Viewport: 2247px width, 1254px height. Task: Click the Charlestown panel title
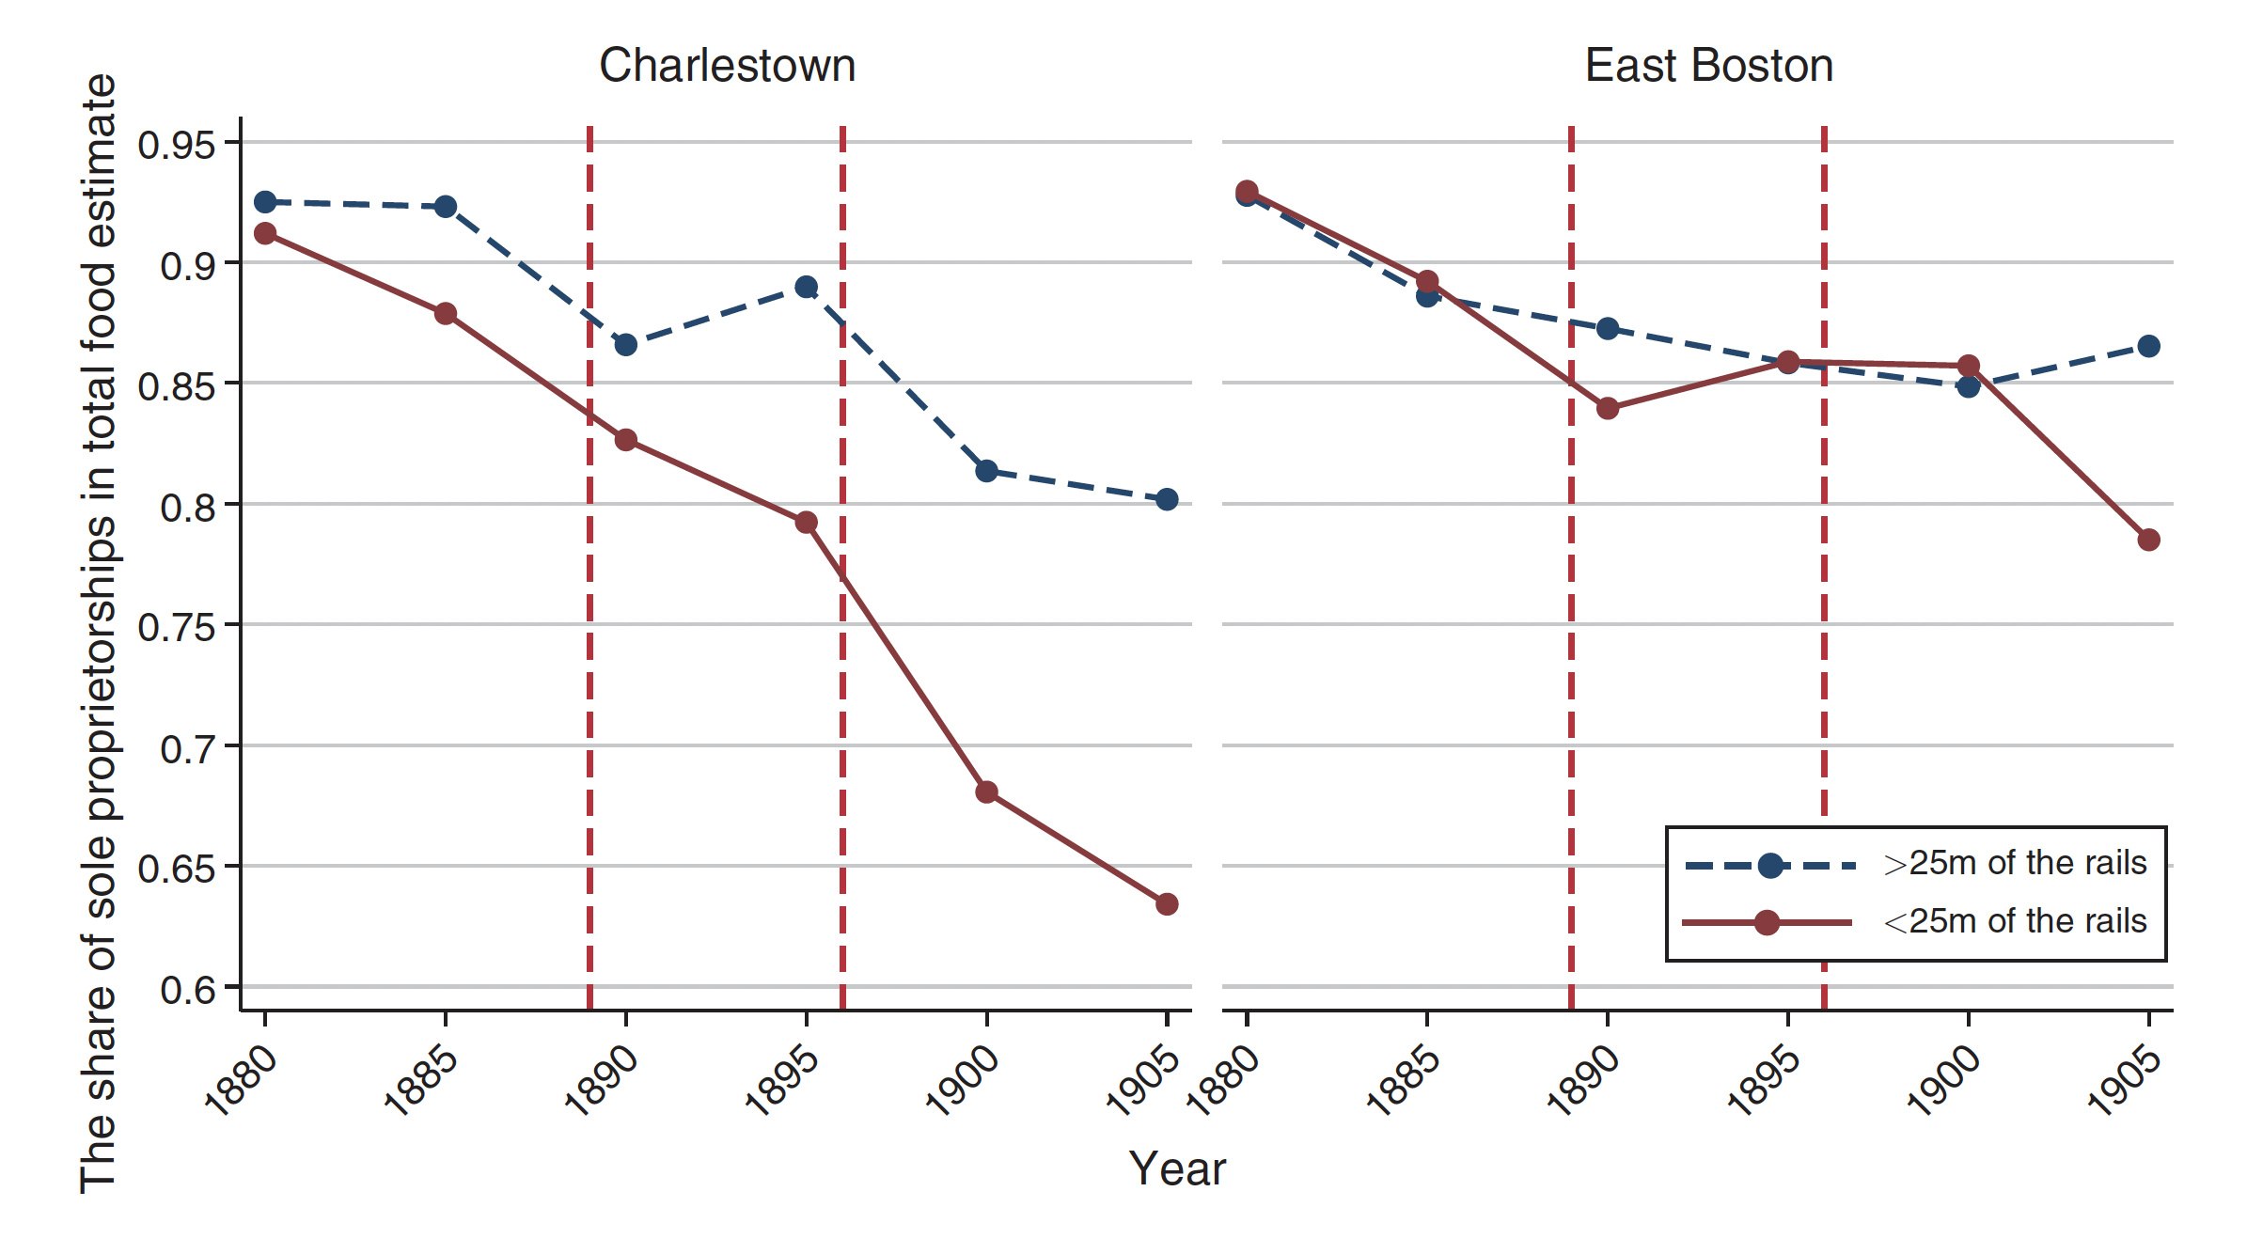pyautogui.click(x=727, y=66)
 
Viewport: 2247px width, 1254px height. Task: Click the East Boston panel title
pyautogui.click(x=1708, y=66)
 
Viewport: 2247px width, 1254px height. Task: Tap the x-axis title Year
pyautogui.click(x=1177, y=1169)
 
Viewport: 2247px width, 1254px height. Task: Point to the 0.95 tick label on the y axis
pyautogui.click(x=177, y=145)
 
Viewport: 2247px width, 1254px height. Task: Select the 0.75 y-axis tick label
pyautogui.click(x=177, y=627)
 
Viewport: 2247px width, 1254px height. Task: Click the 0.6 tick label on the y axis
pyautogui.click(x=188, y=990)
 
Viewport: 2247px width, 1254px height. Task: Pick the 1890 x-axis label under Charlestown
pyautogui.click(x=602, y=1081)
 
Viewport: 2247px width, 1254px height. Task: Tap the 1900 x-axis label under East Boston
pyautogui.click(x=1944, y=1081)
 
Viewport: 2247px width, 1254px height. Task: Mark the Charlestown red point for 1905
pyautogui.click(x=1167, y=904)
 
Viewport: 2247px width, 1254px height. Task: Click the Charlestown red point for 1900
pyautogui.click(x=986, y=792)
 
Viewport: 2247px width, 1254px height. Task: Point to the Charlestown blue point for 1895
pyautogui.click(x=806, y=287)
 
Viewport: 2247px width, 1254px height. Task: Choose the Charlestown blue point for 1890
pyautogui.click(x=626, y=345)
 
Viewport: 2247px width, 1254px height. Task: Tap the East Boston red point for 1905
pyautogui.click(x=2148, y=540)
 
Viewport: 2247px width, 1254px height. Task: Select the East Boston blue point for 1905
pyautogui.click(x=2148, y=346)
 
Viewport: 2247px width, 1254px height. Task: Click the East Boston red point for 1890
pyautogui.click(x=1608, y=408)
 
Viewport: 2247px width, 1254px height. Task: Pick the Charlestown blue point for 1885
pyautogui.click(x=446, y=207)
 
